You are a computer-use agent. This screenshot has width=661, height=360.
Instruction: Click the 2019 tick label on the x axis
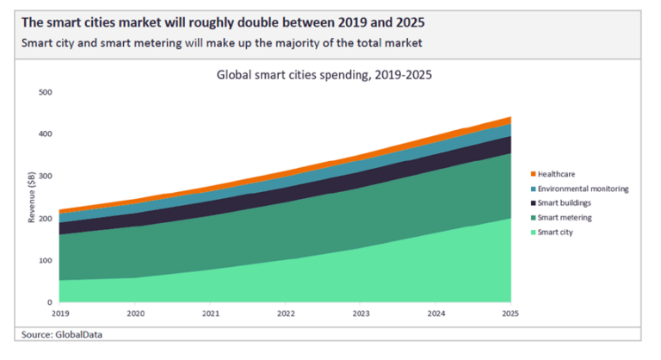tap(60, 313)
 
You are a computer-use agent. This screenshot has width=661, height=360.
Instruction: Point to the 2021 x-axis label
tap(210, 313)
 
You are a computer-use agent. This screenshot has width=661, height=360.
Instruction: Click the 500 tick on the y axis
tap(46, 92)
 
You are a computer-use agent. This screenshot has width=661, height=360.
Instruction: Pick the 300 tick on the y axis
tap(46, 177)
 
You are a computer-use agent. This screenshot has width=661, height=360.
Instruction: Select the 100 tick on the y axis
tap(46, 261)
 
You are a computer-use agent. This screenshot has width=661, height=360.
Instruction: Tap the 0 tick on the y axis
tap(50, 303)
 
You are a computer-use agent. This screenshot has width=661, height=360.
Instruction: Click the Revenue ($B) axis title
tap(31, 197)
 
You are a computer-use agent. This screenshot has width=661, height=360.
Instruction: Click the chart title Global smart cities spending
tap(323, 75)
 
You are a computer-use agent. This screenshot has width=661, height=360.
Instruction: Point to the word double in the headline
tap(268, 22)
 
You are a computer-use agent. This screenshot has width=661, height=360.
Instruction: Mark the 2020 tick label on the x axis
tap(135, 313)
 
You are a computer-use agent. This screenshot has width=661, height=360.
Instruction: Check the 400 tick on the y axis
tap(46, 134)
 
